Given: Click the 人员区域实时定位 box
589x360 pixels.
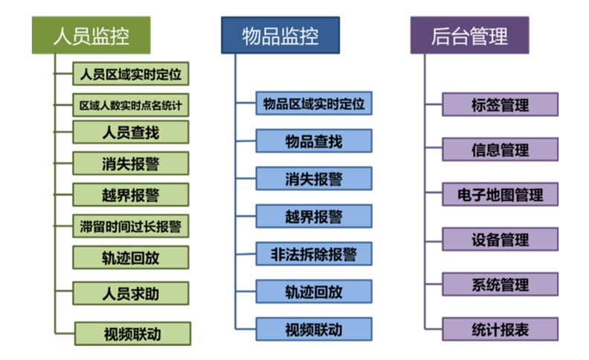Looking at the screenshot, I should pos(131,74).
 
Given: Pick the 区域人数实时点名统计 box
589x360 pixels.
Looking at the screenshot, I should pos(131,105).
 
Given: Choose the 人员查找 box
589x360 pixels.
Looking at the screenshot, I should pos(131,133).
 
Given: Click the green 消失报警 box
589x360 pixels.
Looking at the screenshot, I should pos(131,163).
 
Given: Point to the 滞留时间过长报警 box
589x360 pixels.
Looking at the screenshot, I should pos(131,225).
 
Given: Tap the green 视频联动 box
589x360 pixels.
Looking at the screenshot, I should pos(133,333).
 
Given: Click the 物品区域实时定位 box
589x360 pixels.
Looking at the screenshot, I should pos(314,103).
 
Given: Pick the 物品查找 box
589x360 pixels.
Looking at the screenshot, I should pos(314,141).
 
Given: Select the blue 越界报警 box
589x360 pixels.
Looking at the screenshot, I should pos(314,216).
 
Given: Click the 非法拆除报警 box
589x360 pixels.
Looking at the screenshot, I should pos(314,254).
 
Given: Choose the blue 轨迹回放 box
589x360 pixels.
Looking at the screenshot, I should pos(314,291).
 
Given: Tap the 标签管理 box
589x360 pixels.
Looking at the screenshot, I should pos(500,104).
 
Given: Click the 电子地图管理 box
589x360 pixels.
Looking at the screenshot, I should pos(500,195).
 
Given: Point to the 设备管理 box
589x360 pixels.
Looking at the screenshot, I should pos(500,240).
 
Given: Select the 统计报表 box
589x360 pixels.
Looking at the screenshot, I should pos(500,330).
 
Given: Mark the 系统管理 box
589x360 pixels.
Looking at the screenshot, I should pos(500,284).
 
